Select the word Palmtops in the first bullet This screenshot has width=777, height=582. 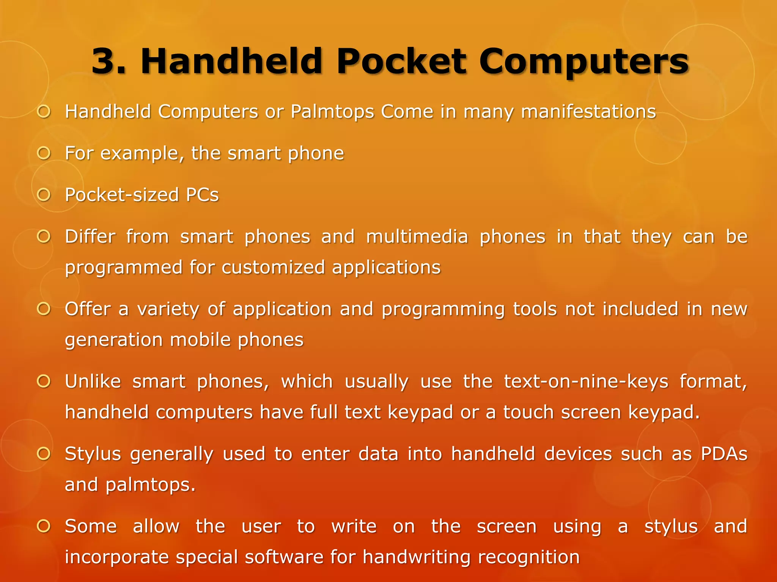click(332, 112)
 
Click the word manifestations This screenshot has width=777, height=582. click(588, 112)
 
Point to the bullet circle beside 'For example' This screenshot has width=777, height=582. click(44, 153)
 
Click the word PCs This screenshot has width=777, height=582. click(202, 195)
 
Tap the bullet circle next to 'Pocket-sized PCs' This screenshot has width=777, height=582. click(44, 195)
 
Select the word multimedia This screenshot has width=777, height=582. click(417, 237)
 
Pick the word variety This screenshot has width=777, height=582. click(168, 309)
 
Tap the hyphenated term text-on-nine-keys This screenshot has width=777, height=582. click(586, 382)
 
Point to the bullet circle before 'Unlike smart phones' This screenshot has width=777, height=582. click(44, 381)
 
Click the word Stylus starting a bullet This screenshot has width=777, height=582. click(93, 454)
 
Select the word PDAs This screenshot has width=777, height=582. click(724, 454)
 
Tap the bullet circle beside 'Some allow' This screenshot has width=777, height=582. click(44, 526)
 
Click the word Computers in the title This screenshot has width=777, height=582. click(583, 61)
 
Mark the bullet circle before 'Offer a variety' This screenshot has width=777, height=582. click(44, 309)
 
